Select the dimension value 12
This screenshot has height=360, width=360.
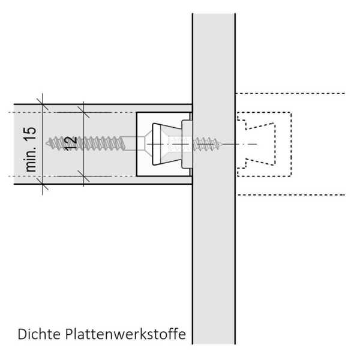(x=70, y=144)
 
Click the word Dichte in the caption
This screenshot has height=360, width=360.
(x=39, y=334)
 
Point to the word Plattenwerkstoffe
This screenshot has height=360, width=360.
(x=125, y=334)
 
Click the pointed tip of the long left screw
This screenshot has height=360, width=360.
(x=46, y=144)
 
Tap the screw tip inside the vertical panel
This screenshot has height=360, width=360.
(x=222, y=144)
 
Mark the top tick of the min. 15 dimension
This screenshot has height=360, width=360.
(x=43, y=104)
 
